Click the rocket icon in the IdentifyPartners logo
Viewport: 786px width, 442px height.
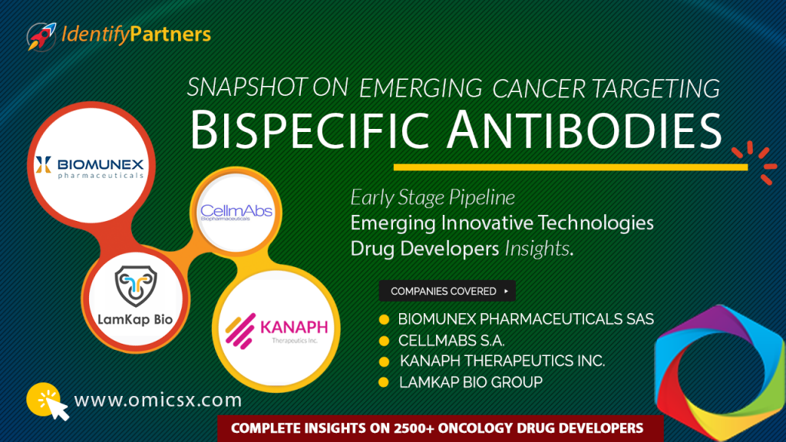39,36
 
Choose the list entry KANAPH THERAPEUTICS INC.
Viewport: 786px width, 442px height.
502,361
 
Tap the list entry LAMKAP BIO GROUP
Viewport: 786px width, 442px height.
471,381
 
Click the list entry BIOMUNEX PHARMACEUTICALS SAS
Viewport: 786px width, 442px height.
526,318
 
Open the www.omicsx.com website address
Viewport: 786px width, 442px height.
157,400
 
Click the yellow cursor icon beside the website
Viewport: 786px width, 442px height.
48,401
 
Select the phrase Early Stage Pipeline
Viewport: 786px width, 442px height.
433,198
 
